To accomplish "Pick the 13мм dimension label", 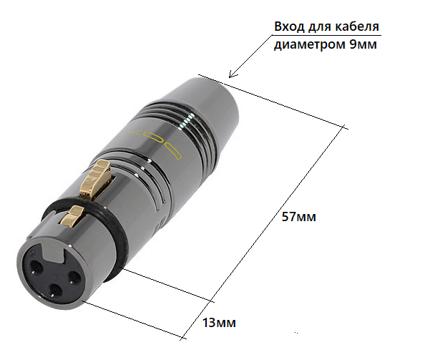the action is pos(218,323).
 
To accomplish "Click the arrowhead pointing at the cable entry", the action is pos(229,75).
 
